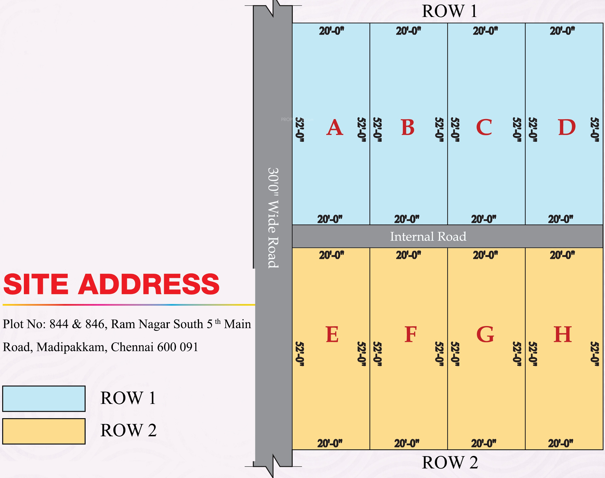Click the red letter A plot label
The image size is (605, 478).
(x=335, y=128)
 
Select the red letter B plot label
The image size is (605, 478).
(x=408, y=127)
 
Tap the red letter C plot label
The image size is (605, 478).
(x=484, y=127)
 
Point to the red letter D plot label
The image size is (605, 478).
(x=566, y=127)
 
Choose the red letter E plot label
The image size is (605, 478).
(x=332, y=334)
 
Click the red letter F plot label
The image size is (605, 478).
(x=410, y=334)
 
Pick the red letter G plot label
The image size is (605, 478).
(x=485, y=334)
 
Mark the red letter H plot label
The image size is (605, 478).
(x=563, y=334)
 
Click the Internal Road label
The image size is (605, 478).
(x=428, y=237)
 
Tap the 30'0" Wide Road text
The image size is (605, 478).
(x=273, y=218)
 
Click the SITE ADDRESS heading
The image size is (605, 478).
(x=111, y=284)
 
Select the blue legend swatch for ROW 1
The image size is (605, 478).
(x=44, y=399)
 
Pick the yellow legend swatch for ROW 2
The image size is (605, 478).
(x=44, y=431)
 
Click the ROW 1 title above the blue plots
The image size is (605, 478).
(x=450, y=11)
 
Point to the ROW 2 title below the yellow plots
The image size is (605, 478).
(x=450, y=463)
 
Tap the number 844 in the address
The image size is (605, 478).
(x=59, y=324)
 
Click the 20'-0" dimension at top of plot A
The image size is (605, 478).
(x=332, y=31)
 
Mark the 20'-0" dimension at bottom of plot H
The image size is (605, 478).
(x=561, y=443)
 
